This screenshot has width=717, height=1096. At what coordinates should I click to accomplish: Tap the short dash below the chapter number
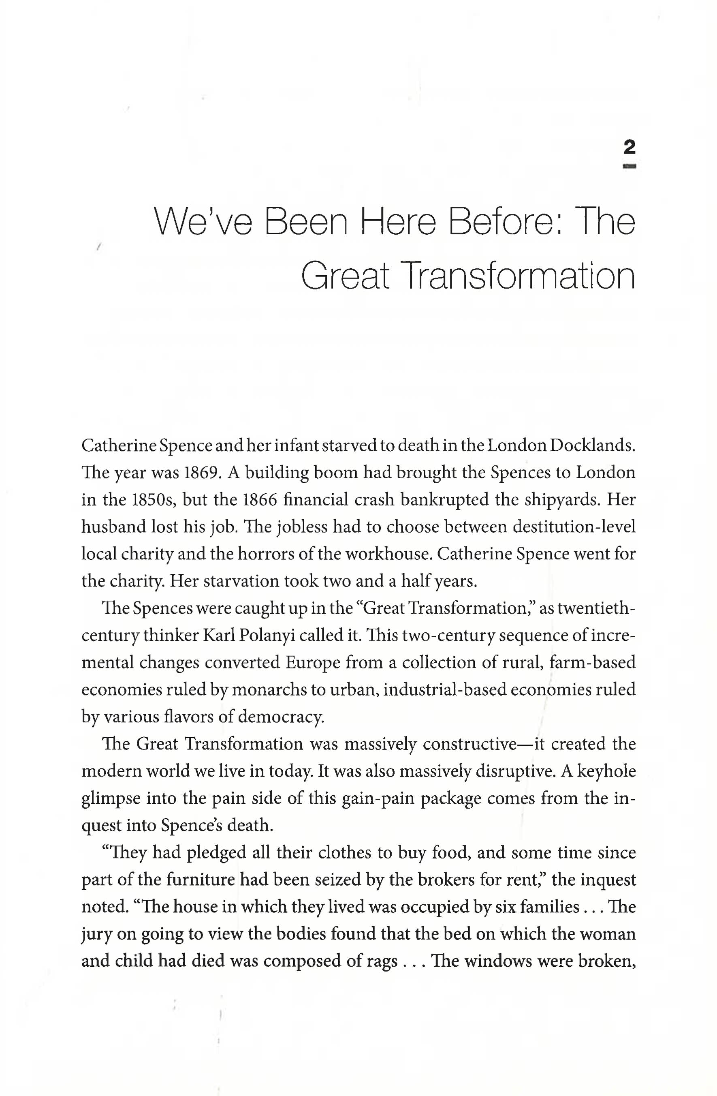(629, 166)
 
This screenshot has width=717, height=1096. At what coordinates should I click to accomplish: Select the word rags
(382, 961)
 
